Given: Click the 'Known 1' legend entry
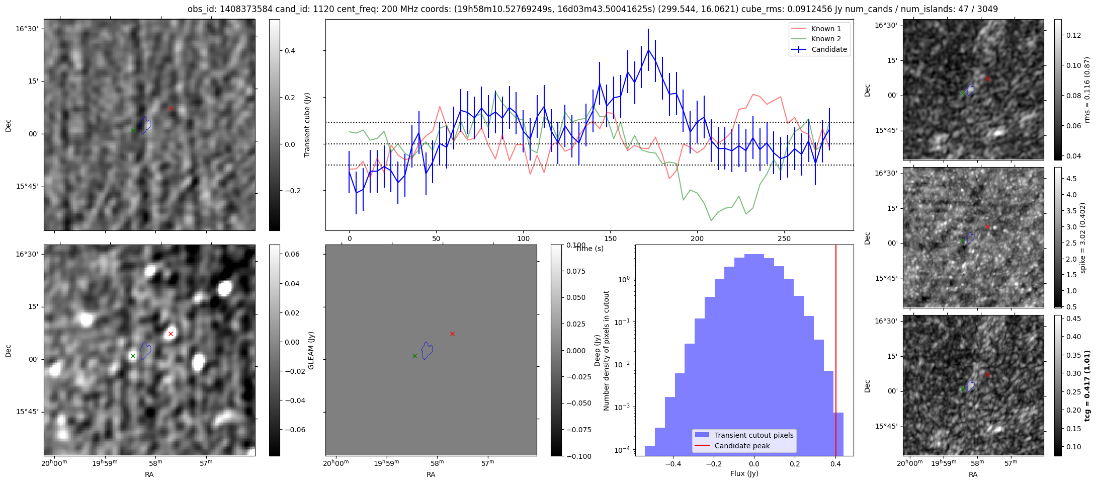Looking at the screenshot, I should (x=825, y=29).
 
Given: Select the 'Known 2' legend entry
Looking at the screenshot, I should (x=825, y=39).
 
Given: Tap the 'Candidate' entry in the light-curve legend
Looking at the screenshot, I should (x=829, y=49).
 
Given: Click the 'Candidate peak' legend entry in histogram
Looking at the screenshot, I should (x=742, y=446).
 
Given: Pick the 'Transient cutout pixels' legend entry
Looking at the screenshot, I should (x=753, y=435).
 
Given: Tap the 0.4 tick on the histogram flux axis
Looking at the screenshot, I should (x=835, y=464).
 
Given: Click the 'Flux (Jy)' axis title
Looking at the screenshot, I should (x=744, y=473).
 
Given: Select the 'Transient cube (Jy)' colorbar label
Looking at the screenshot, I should (x=307, y=125).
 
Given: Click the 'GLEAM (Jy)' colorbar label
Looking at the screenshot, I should (x=311, y=350).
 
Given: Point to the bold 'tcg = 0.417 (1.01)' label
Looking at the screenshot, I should (x=1087, y=386).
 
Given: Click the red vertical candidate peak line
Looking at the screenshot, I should (x=836, y=352).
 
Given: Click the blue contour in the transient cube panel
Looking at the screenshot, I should (x=145, y=125).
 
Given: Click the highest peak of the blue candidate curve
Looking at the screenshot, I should (x=648, y=49).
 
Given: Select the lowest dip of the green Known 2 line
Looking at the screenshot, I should (x=711, y=220).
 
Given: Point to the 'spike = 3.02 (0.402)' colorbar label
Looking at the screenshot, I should (x=1083, y=237).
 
